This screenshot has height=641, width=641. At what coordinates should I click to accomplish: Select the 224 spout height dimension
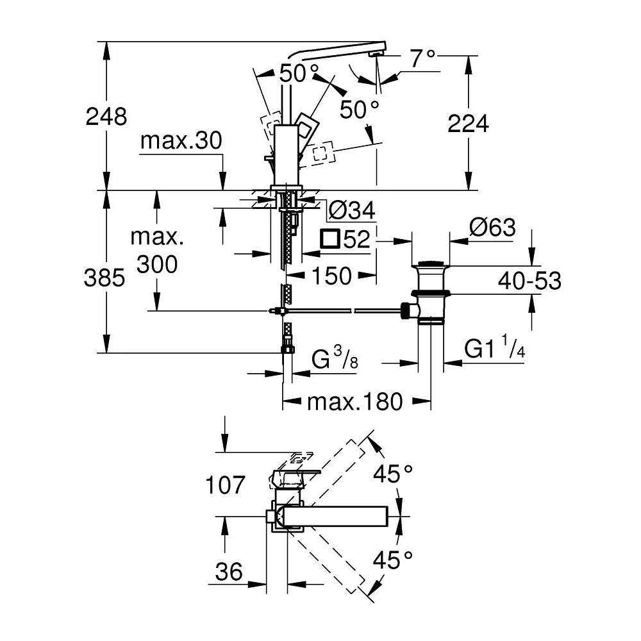pyautogui.click(x=468, y=123)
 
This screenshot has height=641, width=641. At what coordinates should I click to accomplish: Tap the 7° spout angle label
pyautogui.click(x=422, y=60)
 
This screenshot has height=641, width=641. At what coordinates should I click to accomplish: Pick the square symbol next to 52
pyautogui.click(x=330, y=240)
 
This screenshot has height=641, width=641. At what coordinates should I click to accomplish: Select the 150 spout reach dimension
pyautogui.click(x=331, y=276)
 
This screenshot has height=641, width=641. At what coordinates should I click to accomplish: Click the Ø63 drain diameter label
pyautogui.click(x=492, y=228)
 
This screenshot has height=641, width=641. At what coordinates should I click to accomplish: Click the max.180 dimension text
pyautogui.click(x=355, y=402)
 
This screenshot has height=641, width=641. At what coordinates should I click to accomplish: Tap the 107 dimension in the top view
pyautogui.click(x=225, y=485)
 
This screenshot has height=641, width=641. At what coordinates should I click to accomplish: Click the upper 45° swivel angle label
pyautogui.click(x=393, y=474)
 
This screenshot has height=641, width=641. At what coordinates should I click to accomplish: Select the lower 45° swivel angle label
pyautogui.click(x=393, y=561)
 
